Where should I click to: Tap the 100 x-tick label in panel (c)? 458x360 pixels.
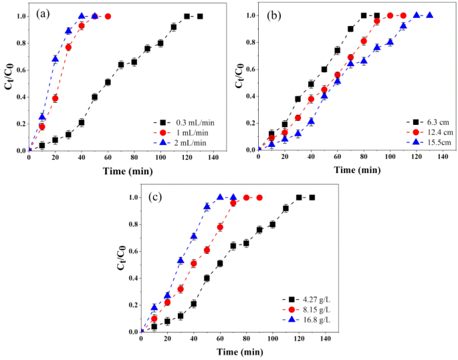272,339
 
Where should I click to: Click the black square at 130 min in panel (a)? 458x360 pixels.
200,16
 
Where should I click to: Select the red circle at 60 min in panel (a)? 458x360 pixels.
108,16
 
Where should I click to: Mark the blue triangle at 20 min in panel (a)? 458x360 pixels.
55,59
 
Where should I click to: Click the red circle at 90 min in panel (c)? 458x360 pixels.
259,197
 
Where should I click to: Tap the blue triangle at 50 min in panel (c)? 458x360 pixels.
207,207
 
